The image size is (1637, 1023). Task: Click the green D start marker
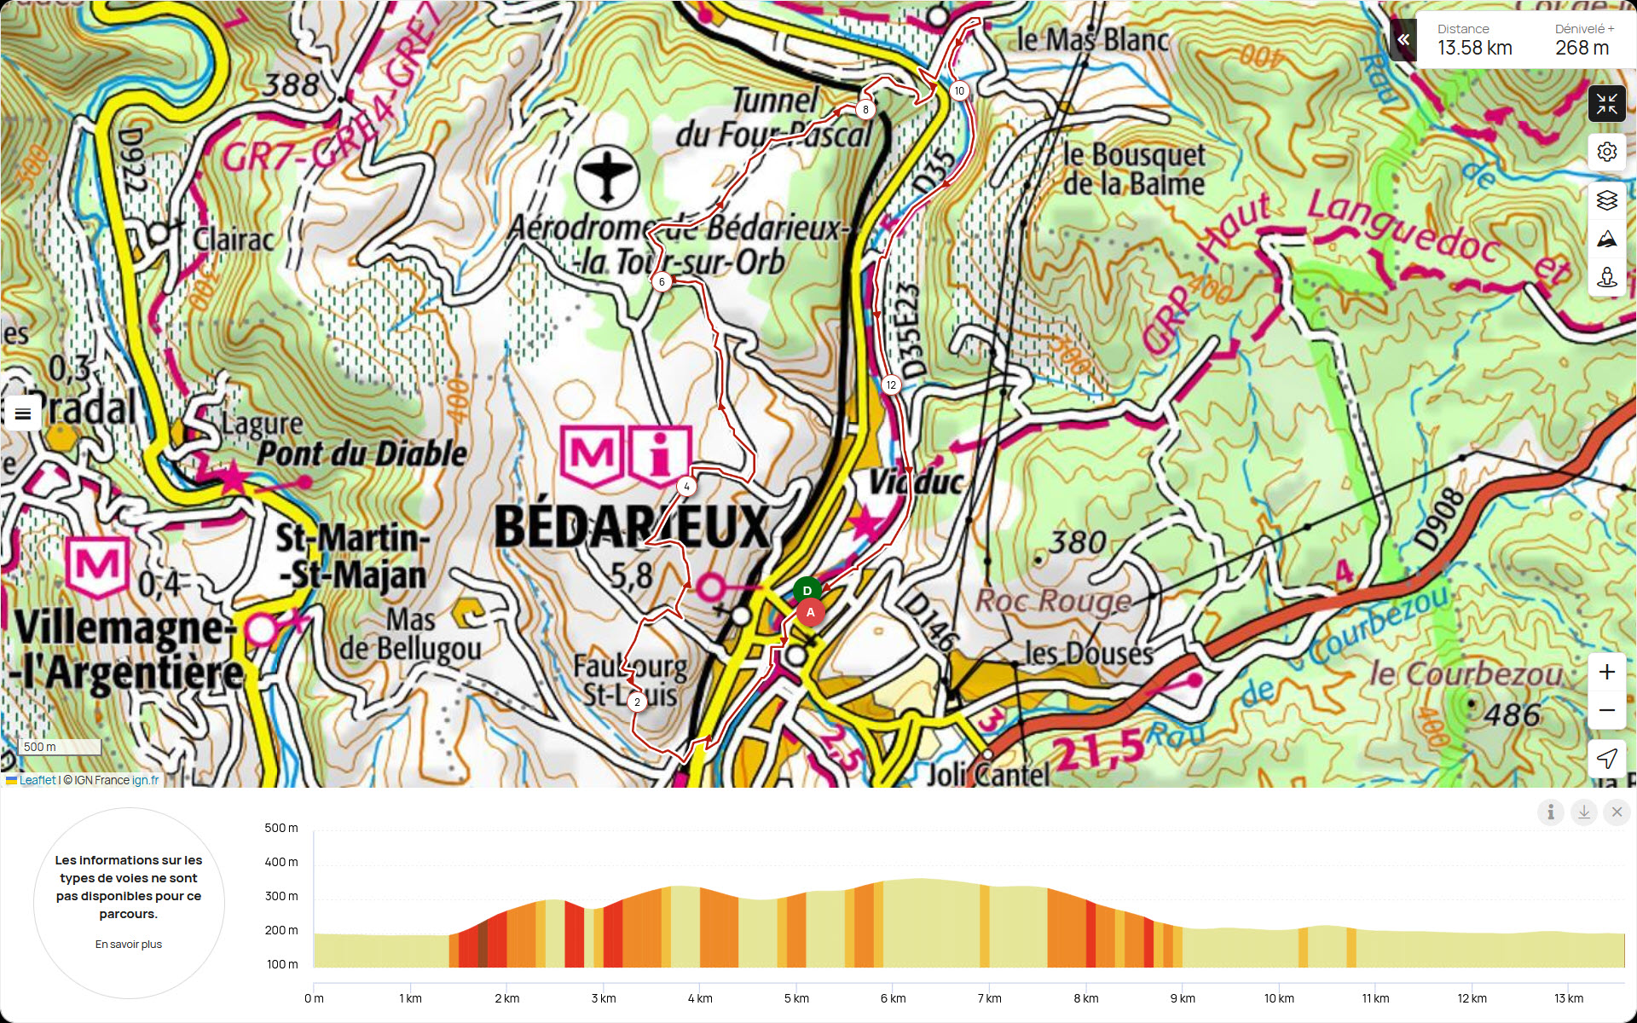click(x=807, y=590)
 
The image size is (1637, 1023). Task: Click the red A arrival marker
click(x=811, y=612)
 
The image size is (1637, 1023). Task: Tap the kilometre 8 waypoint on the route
click(x=865, y=109)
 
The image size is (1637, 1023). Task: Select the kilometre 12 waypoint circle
click(x=891, y=384)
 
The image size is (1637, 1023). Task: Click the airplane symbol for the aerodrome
click(x=606, y=176)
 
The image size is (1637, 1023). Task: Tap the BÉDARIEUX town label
click(x=632, y=526)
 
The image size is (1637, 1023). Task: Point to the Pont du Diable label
click(x=362, y=454)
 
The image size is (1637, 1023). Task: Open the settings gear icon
click(x=1606, y=152)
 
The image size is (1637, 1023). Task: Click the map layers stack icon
click(x=1606, y=199)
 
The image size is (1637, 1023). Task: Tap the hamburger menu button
click(x=23, y=413)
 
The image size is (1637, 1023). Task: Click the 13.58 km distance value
click(x=1474, y=49)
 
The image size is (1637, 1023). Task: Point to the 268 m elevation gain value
click(x=1582, y=49)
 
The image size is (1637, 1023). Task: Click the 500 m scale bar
click(x=60, y=747)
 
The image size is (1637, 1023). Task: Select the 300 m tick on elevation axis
click(x=281, y=896)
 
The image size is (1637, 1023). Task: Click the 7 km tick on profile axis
click(x=989, y=998)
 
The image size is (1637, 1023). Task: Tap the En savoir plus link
click(x=129, y=944)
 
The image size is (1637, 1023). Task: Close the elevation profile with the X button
click(x=1617, y=812)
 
